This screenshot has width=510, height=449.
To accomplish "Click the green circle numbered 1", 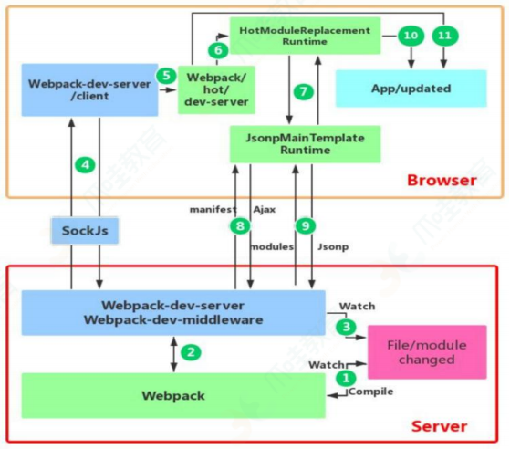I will pyautogui.click(x=346, y=376).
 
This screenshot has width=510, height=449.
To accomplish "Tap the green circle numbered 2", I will pyautogui.click(x=190, y=351).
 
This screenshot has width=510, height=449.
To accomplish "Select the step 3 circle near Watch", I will pyautogui.click(x=346, y=325).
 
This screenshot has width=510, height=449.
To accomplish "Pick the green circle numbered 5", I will pyautogui.click(x=165, y=76).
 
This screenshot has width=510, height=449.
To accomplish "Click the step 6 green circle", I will pyautogui.click(x=216, y=49).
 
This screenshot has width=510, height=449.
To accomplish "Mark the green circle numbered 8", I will pyautogui.click(x=240, y=225).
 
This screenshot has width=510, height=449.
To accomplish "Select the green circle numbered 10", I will pyautogui.click(x=410, y=35).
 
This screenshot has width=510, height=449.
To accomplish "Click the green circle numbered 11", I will pyautogui.click(x=444, y=35).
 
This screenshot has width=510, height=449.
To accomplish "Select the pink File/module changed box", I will pyautogui.click(x=426, y=352).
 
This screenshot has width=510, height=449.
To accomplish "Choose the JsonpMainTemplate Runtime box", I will pyautogui.click(x=304, y=143).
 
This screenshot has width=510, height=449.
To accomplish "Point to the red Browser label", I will pyautogui.click(x=441, y=179).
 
